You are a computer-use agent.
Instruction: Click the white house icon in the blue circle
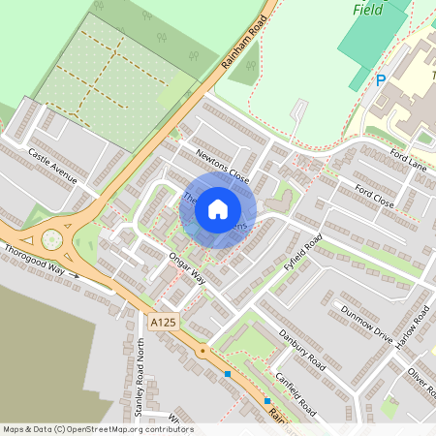(218, 208)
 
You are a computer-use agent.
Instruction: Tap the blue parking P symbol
(381, 81)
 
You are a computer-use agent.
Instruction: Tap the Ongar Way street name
(187, 267)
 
